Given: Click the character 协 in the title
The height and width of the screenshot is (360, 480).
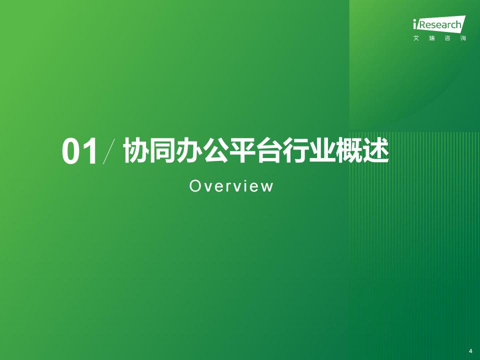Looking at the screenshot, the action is (x=136, y=150).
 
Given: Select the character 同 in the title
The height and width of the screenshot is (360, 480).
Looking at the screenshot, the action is (x=162, y=150).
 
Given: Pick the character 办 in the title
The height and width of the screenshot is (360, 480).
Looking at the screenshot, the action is (x=189, y=150).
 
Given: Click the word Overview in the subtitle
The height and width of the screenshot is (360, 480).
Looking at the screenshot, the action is (x=231, y=186).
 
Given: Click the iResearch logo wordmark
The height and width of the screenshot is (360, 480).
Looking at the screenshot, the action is (x=439, y=23).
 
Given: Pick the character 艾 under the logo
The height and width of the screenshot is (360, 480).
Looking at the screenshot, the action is (x=416, y=38).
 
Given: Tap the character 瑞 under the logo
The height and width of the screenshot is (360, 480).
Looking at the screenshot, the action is (x=431, y=38).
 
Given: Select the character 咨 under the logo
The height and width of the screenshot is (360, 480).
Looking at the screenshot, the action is (x=447, y=38).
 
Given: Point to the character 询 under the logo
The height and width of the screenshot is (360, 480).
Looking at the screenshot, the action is (x=463, y=38).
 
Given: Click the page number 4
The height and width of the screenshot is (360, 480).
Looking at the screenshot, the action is (x=470, y=351).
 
